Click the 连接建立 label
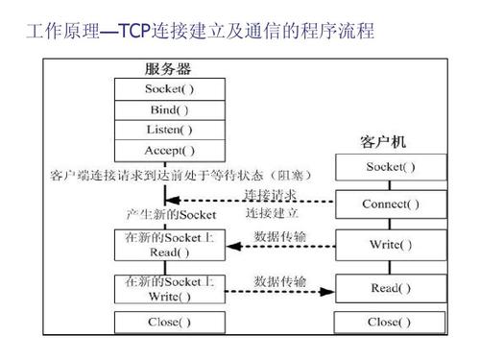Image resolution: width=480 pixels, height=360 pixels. (272, 212)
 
